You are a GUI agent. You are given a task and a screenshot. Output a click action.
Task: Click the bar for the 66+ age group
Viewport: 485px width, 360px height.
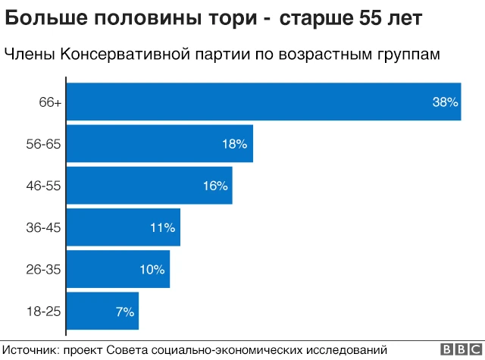click(264, 102)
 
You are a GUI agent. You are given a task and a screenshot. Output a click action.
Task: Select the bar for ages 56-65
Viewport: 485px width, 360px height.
click(161, 143)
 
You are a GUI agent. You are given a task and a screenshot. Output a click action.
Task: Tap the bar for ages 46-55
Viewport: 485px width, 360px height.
click(150, 186)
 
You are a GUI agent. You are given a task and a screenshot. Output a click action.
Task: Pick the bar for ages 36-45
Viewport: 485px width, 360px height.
click(124, 227)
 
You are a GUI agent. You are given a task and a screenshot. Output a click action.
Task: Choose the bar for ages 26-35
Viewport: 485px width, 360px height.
click(119, 269)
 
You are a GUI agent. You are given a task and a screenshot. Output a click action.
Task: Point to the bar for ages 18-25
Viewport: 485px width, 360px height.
click(104, 311)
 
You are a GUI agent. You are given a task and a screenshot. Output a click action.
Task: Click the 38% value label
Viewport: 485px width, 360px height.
click(446, 102)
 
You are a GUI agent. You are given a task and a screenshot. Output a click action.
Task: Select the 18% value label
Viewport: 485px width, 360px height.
click(235, 144)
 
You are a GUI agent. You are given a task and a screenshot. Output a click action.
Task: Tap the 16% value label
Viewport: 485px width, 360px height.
click(215, 186)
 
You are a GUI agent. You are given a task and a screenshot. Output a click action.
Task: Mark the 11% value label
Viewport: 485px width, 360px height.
click(163, 227)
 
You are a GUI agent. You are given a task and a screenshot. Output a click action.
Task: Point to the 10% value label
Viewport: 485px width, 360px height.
click(152, 269)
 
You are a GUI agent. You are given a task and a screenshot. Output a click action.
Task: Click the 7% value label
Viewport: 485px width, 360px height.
click(125, 311)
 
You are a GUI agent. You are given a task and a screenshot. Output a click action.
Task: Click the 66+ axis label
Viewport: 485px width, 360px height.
click(50, 102)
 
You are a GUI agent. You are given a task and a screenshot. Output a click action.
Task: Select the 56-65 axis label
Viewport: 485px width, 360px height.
click(43, 144)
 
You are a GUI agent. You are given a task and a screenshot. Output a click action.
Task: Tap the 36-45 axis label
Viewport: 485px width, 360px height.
click(43, 227)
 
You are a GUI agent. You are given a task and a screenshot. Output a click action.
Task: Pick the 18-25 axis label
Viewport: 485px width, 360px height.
click(43, 311)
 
